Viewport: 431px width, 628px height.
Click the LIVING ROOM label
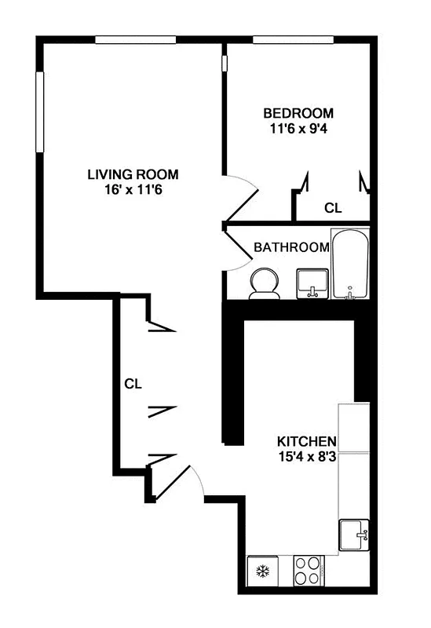tap(133, 173)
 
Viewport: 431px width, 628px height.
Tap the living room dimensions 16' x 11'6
tap(133, 188)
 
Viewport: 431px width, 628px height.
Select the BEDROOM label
tap(298, 113)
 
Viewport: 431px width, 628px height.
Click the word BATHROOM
tap(290, 247)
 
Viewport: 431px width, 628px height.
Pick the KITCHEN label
tap(306, 441)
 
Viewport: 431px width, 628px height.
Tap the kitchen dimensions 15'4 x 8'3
tap(306, 457)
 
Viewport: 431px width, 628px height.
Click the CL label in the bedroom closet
tap(333, 208)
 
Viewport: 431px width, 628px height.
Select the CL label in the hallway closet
tap(132, 384)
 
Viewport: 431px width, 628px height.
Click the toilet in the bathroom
tap(263, 284)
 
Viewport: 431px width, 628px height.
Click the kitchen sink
tap(353, 535)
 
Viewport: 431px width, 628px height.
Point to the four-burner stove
tap(307, 570)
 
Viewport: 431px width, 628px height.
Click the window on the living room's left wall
tap(38, 111)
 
